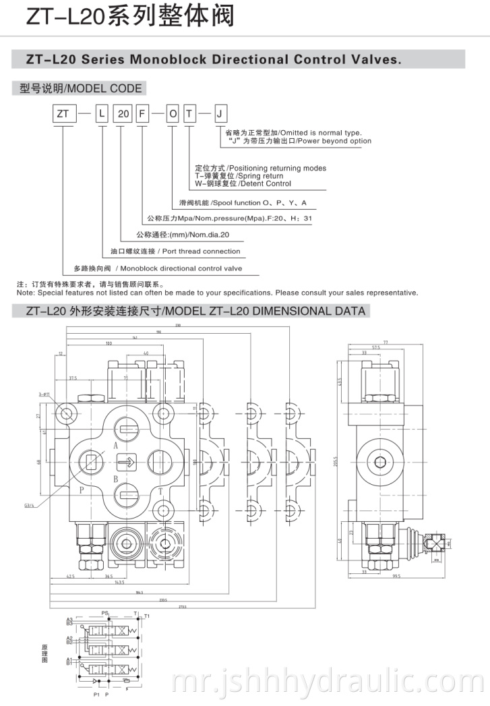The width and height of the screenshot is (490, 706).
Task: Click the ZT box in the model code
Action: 63,114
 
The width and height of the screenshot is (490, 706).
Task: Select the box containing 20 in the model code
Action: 123,114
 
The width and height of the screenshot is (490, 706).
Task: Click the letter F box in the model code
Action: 142,114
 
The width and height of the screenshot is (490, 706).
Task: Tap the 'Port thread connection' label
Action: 200,251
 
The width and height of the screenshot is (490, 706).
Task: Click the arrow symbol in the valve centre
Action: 125,463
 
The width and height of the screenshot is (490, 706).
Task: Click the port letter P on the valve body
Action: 81,490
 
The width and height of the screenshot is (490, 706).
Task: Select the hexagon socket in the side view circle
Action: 381,463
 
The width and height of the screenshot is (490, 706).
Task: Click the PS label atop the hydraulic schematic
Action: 104,613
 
